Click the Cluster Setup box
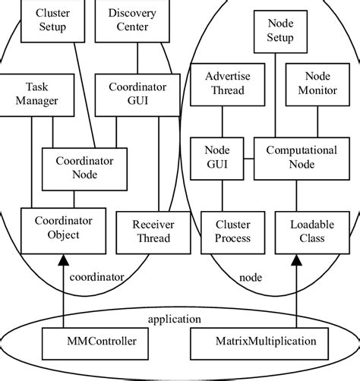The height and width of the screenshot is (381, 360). click(x=52, y=20)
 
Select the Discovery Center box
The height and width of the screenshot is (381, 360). click(x=137, y=20)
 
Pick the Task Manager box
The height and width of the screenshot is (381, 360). click(x=32, y=93)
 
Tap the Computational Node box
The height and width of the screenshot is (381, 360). click(x=301, y=158)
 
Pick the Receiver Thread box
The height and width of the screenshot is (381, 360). click(x=152, y=231)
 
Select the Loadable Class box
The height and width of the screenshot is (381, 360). click(x=308, y=231)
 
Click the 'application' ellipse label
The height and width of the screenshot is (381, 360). click(x=175, y=319)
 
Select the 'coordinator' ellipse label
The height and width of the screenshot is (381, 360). click(x=96, y=277)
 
